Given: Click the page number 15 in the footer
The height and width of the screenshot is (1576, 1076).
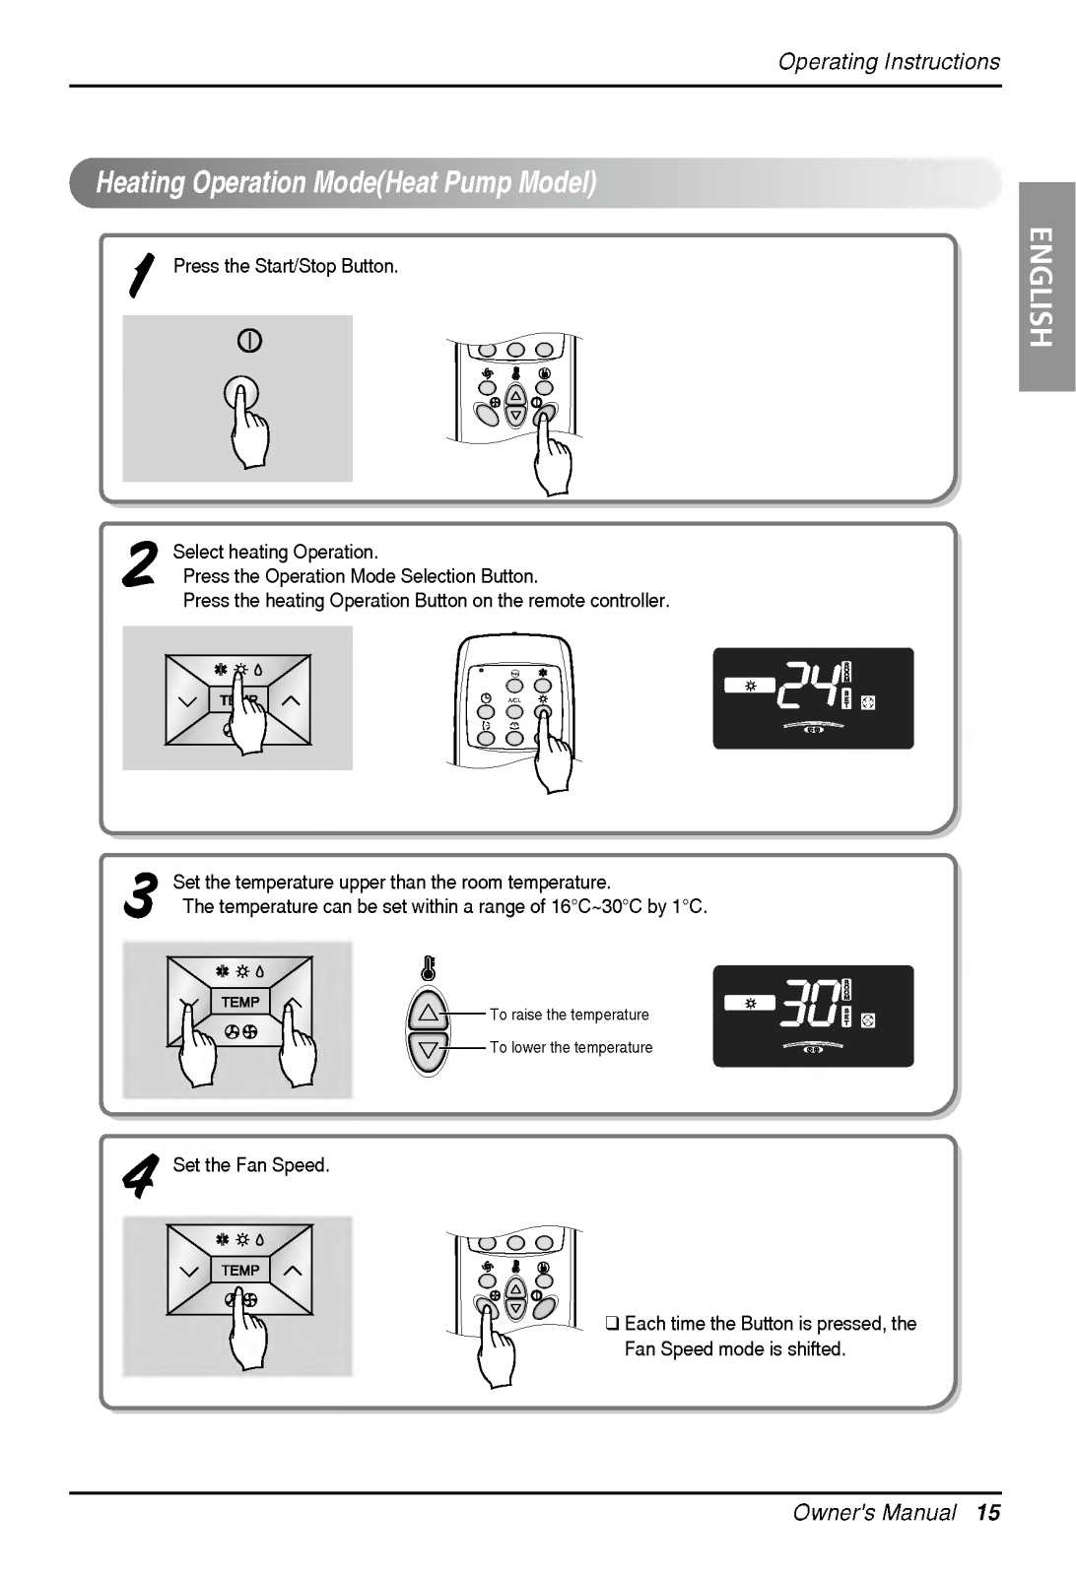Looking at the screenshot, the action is coord(988,1513).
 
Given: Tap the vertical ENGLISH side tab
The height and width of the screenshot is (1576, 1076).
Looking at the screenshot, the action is coord(1046,287).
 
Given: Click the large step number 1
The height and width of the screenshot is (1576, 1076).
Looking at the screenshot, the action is coord(142,275).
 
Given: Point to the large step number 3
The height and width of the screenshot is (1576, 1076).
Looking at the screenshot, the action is coord(140,895).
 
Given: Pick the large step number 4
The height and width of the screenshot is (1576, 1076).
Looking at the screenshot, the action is coord(139,1176).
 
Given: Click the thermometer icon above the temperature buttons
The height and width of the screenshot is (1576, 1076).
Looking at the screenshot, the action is coord(428,968).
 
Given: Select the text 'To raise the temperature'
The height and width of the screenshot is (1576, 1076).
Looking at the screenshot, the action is coord(570,1015).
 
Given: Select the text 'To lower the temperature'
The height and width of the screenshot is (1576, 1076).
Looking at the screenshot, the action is coord(572,1048).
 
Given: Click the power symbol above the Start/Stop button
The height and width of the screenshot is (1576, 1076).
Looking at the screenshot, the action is coord(250,341).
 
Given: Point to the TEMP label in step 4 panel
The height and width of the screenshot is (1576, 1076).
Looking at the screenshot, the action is coord(240,1270).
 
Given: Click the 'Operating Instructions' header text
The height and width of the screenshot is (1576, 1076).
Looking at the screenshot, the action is coord(889,62).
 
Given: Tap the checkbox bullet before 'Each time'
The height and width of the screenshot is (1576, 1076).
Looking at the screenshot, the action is coord(612,1324).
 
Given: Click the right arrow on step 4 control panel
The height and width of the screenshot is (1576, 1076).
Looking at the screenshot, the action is coord(292,1271).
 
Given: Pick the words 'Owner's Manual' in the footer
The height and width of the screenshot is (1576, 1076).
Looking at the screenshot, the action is coord(874,1513).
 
